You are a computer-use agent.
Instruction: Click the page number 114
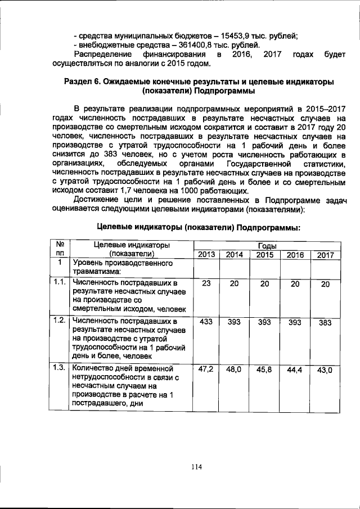(195, 466)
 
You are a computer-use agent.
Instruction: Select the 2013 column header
(206, 255)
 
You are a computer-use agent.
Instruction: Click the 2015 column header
(265, 255)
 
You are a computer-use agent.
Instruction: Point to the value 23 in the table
(206, 284)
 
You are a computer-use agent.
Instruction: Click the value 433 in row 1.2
(206, 322)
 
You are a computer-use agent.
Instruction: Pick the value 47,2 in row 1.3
(206, 370)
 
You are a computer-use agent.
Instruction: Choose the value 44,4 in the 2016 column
(295, 370)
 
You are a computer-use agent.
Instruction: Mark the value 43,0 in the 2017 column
(325, 371)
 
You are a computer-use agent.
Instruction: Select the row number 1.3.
(59, 367)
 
